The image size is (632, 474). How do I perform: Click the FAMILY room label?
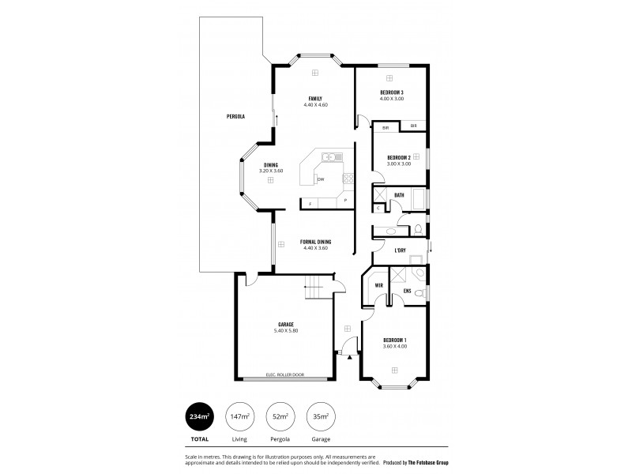point(314,98)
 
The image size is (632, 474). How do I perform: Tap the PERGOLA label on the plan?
point(235,116)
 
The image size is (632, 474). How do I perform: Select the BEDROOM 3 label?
point(391,92)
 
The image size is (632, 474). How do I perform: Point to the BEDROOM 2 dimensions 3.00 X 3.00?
point(398,164)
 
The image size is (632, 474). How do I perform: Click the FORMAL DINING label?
point(315,242)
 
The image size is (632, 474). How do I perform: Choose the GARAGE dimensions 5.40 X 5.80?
point(285,330)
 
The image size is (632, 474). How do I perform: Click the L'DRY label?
point(400,251)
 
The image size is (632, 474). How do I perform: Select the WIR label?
point(378,285)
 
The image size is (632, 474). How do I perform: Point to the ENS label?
point(406,291)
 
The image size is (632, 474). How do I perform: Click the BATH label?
point(399,195)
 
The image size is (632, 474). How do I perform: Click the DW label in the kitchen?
point(321,180)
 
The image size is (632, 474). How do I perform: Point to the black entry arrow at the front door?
point(349,356)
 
